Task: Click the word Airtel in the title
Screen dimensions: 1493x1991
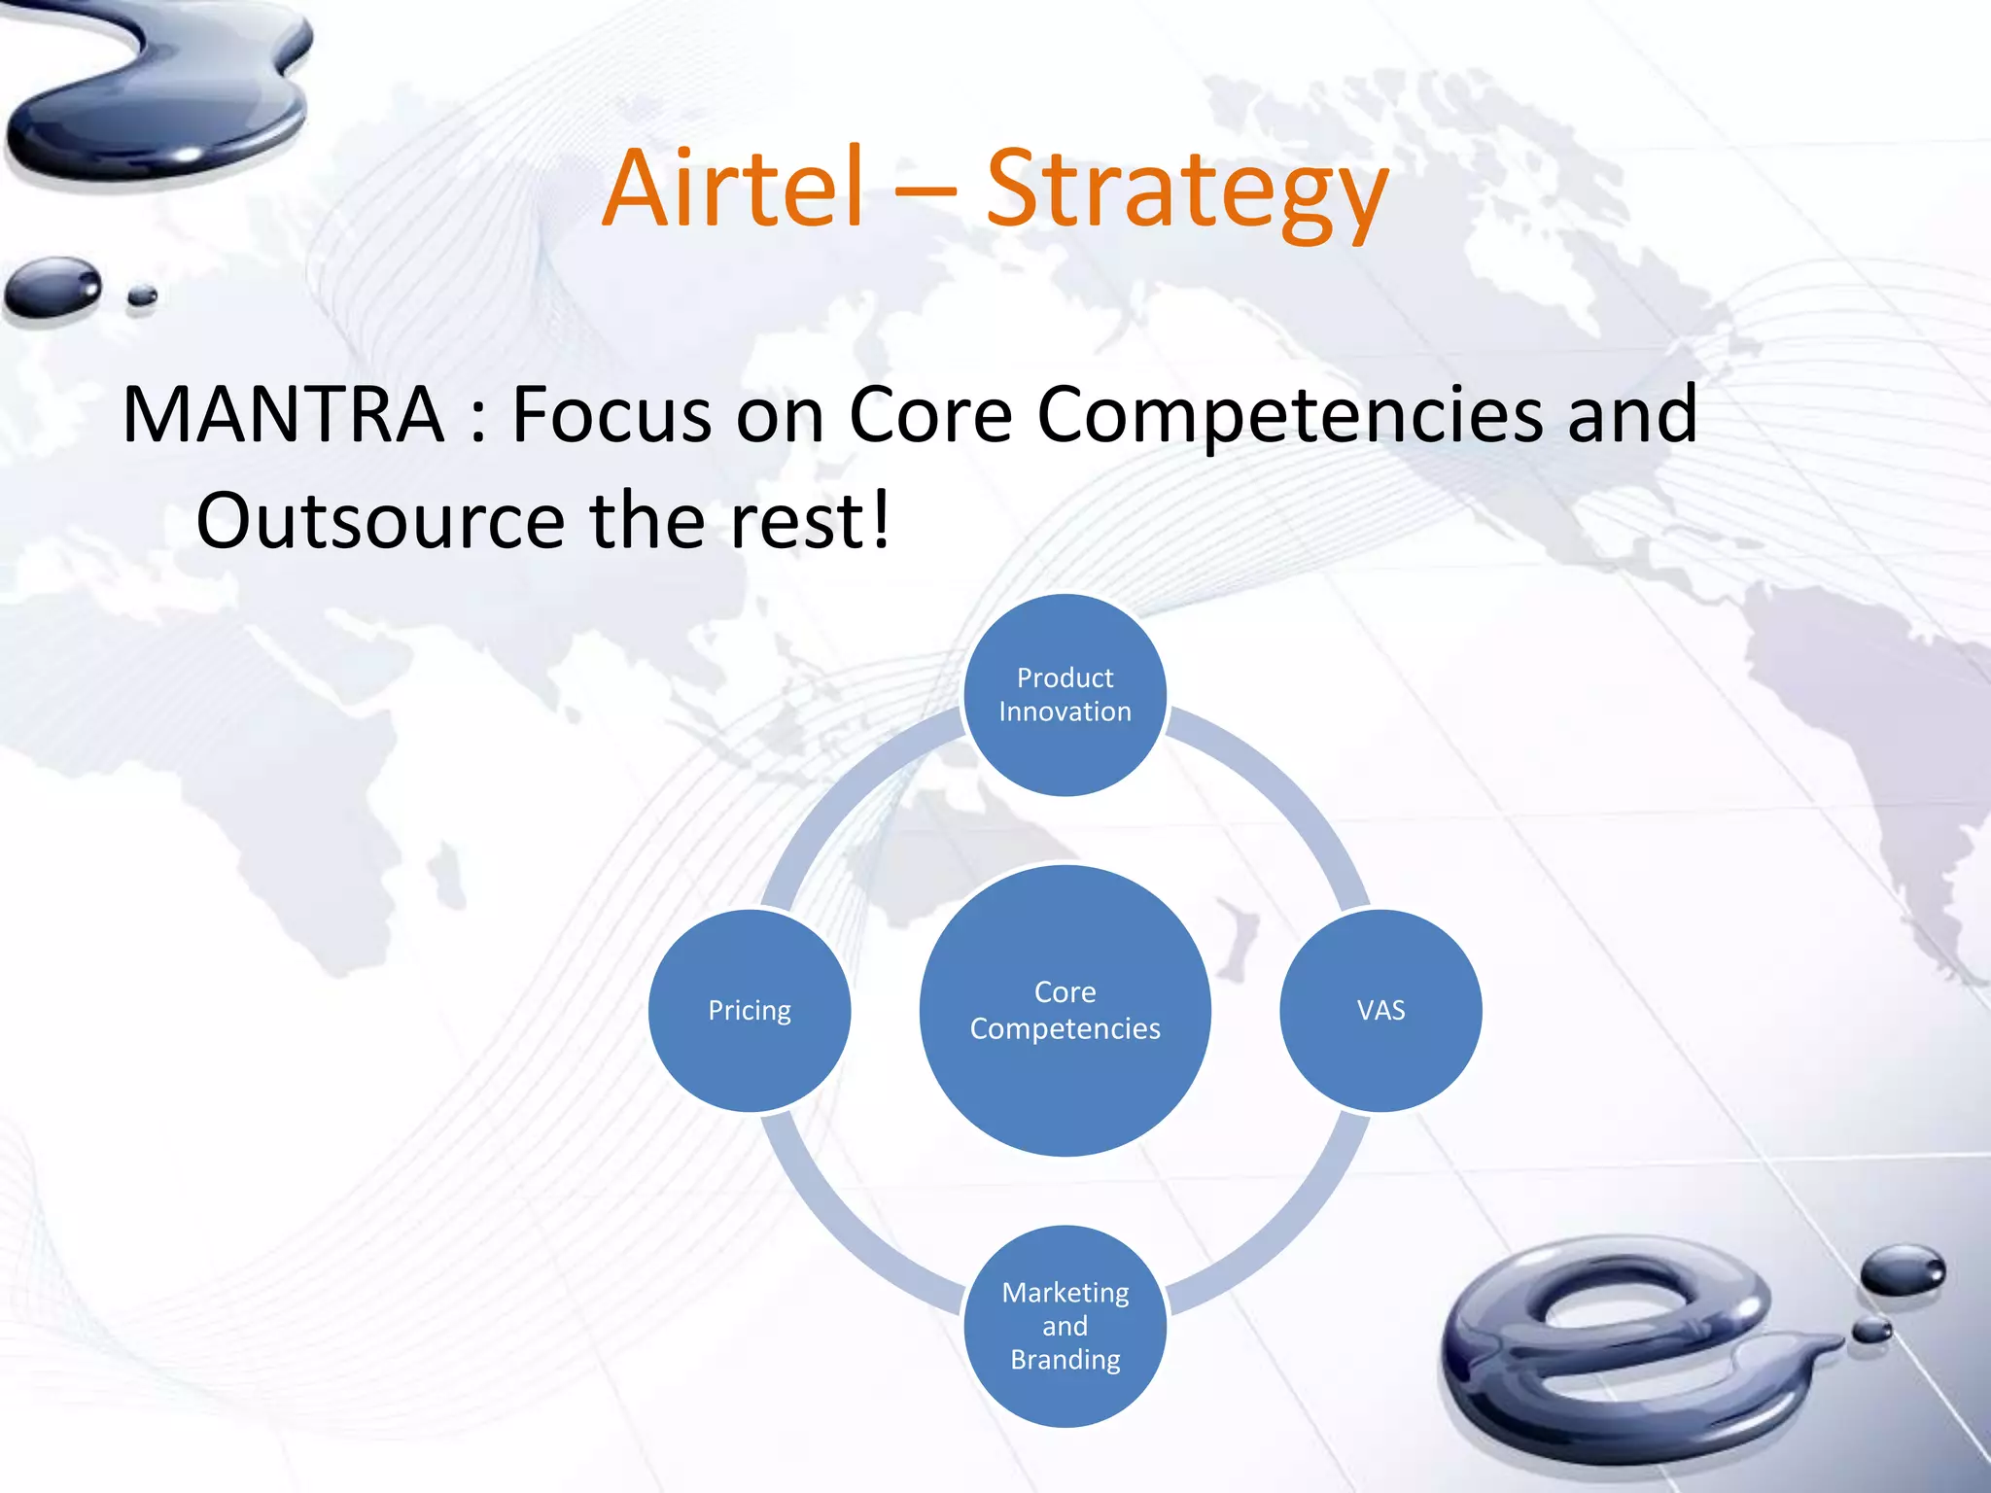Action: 733,189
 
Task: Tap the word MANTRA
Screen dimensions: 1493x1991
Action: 283,416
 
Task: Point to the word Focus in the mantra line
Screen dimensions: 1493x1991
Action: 611,416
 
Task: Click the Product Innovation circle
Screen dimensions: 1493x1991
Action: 1065,695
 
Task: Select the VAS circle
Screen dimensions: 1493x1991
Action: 1380,1011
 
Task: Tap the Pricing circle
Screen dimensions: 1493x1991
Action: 750,1011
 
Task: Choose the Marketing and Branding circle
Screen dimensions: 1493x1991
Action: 1065,1326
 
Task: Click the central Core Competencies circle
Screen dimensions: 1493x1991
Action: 1065,1011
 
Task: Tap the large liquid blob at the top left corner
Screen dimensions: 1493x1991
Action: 165,97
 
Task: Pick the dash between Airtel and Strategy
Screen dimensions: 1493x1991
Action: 924,194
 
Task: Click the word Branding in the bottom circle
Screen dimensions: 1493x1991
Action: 1065,1360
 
